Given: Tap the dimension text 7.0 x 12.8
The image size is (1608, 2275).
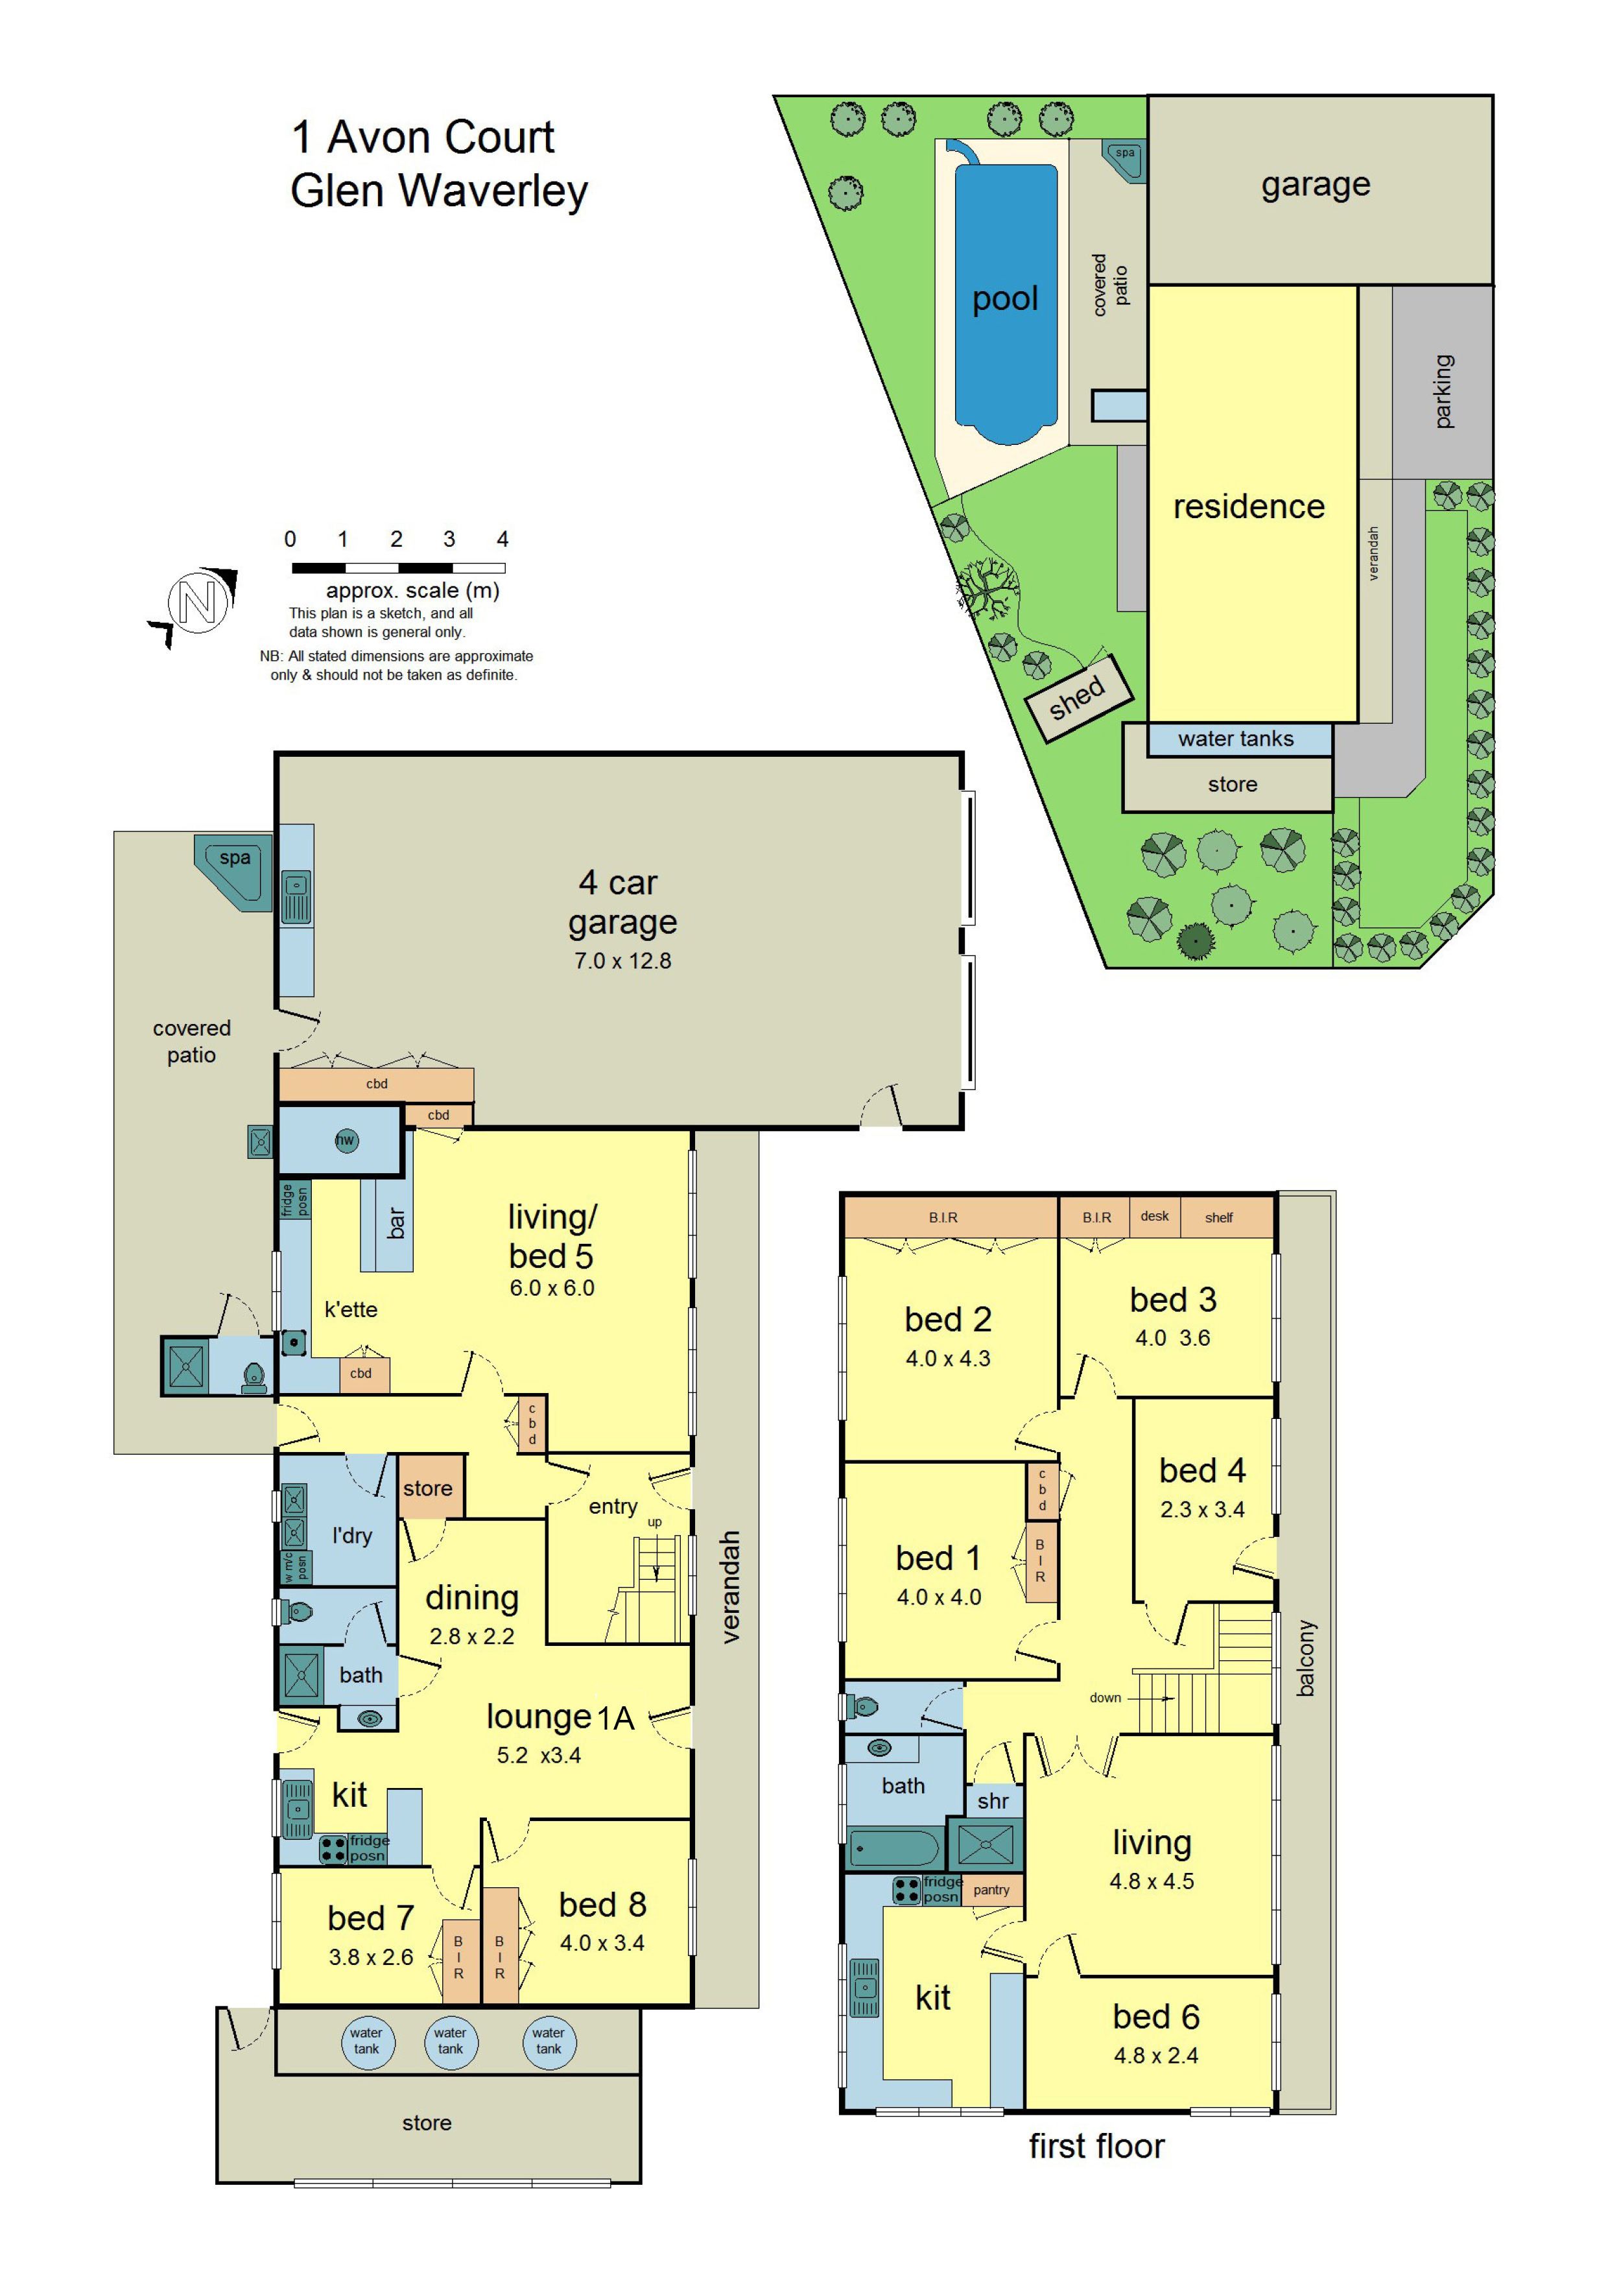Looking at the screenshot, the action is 622,960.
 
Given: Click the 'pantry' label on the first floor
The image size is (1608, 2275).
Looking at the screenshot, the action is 992,1890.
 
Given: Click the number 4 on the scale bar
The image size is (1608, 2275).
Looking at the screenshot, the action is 503,539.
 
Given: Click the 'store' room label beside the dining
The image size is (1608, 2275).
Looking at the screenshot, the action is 427,1488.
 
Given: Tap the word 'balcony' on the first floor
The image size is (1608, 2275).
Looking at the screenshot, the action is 1306,1658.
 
